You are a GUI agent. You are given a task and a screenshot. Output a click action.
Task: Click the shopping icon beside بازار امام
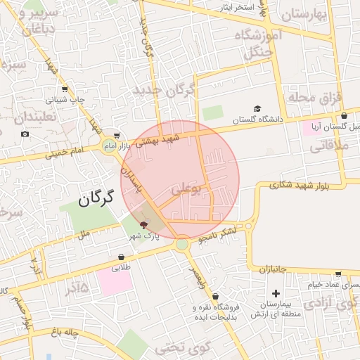[117, 136]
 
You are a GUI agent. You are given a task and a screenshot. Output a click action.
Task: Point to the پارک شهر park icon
[144, 225]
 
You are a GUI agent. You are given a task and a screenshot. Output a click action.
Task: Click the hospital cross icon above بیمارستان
[276, 293]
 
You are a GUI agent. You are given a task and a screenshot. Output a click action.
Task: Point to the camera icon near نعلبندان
[25, 134]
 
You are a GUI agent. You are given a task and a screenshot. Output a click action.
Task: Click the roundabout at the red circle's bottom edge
[182, 244]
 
